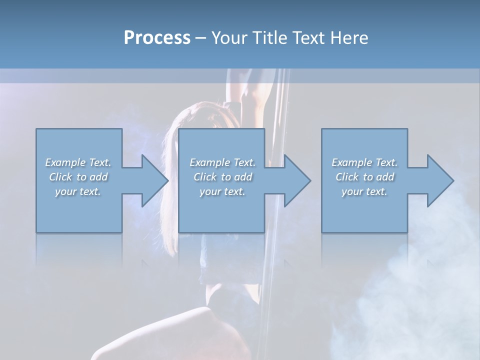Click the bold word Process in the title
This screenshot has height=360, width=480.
(157, 37)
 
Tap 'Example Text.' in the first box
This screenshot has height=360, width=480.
(78, 162)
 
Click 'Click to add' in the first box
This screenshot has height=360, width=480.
(78, 177)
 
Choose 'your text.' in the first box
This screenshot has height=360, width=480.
(78, 191)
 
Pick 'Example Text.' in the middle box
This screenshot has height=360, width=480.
(222, 162)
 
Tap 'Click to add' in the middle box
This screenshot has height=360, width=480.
(222, 177)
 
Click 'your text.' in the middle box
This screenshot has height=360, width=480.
(222, 191)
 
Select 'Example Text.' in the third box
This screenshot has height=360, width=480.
(364, 162)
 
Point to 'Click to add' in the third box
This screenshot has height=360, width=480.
(364, 177)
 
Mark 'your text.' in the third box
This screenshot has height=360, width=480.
(364, 191)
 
